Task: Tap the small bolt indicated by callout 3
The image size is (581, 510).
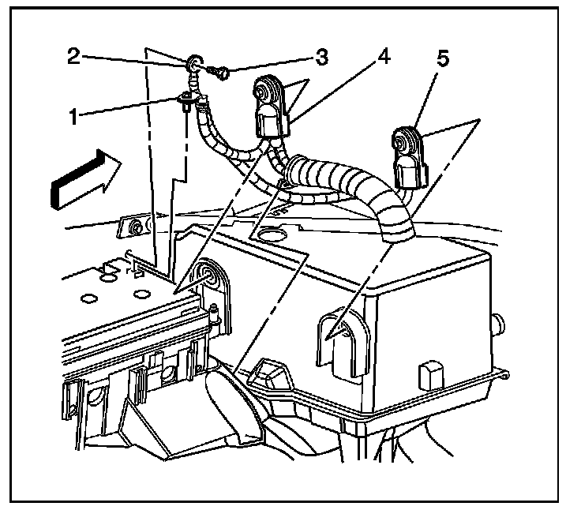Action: tap(221, 73)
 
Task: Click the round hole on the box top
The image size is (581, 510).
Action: tap(271, 235)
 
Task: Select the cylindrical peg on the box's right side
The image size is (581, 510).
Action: tap(497, 324)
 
